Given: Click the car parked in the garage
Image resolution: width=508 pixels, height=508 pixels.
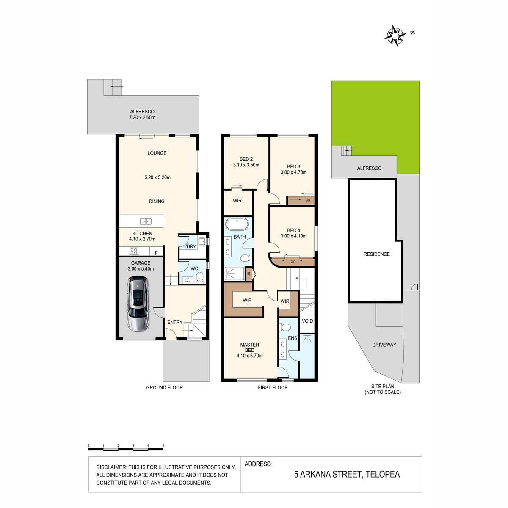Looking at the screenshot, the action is [x=138, y=304].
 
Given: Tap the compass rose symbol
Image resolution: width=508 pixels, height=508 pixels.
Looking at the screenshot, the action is [x=395, y=36].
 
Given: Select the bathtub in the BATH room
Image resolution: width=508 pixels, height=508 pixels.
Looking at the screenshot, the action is [x=237, y=225].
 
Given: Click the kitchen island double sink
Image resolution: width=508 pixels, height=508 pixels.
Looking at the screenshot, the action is [x=146, y=221].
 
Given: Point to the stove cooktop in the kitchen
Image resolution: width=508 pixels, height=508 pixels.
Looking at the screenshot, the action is [x=134, y=251].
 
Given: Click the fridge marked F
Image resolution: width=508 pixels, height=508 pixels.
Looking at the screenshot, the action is [x=156, y=251].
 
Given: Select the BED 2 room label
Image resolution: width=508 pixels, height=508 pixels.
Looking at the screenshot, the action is [x=246, y=159].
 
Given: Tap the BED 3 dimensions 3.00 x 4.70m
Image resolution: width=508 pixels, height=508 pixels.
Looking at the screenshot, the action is [x=293, y=172].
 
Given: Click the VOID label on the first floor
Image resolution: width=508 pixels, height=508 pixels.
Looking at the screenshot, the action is [x=307, y=321].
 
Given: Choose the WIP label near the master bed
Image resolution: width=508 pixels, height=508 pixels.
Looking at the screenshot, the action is [x=247, y=301].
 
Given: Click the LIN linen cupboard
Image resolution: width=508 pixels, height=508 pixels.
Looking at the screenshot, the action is [x=249, y=274].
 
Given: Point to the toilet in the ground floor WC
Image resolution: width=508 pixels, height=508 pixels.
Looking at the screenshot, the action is [x=200, y=278].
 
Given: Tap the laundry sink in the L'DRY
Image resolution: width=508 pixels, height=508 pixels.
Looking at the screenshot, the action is [x=202, y=241].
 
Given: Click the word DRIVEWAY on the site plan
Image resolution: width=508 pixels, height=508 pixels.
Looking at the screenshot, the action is [x=384, y=345].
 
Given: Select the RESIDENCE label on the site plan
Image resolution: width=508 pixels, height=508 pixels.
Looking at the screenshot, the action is [x=376, y=254].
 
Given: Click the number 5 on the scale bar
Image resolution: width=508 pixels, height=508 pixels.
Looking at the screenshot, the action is [x=163, y=446].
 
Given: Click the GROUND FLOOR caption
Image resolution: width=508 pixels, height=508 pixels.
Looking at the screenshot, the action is [x=164, y=387].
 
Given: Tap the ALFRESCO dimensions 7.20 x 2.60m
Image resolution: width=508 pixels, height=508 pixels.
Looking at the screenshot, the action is [x=142, y=118].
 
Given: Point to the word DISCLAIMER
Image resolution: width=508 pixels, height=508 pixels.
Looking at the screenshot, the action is [x=111, y=467].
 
